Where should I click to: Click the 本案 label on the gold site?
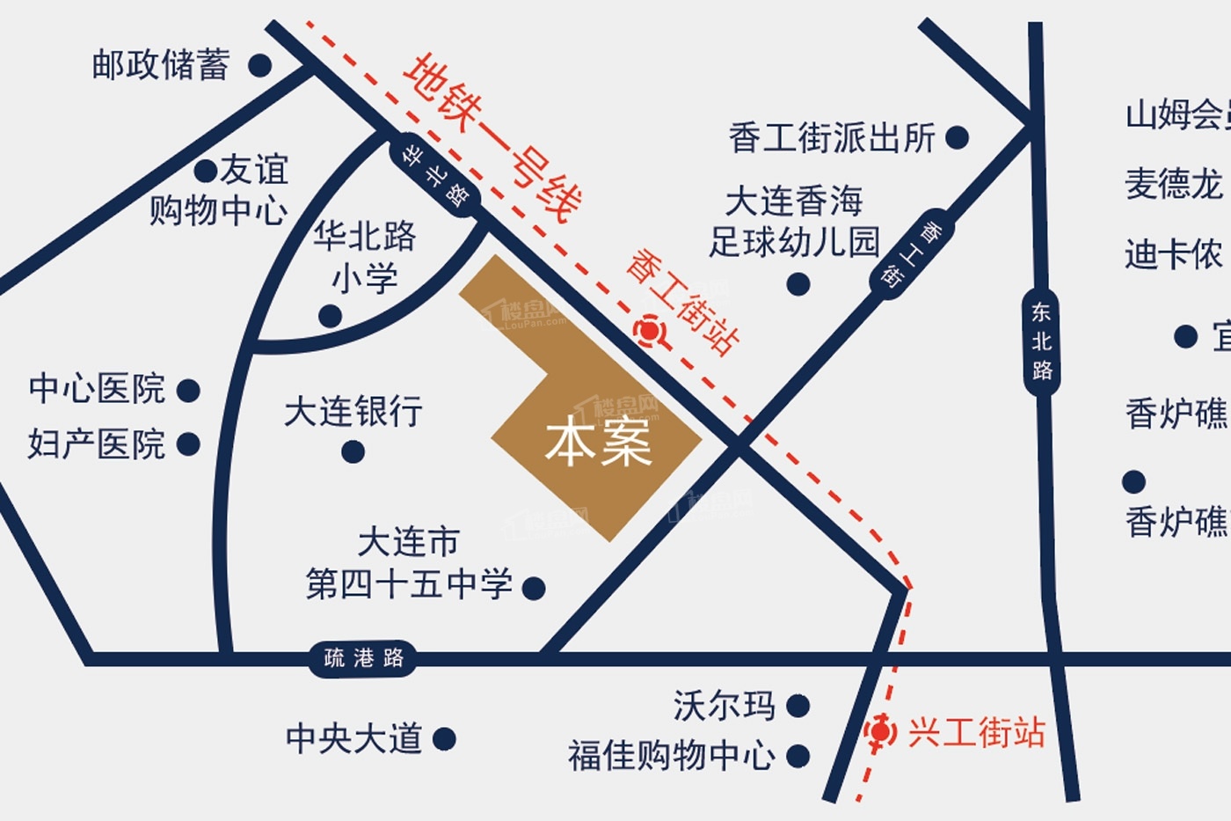(x=598, y=443)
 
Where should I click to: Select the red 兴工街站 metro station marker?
(x=879, y=731)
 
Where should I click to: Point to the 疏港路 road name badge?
(x=363, y=657)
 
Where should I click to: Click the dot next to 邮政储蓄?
(x=259, y=64)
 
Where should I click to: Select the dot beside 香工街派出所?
(x=957, y=137)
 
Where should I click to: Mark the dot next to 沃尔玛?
(x=798, y=705)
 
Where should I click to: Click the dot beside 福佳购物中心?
(x=798, y=755)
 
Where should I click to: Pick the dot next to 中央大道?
(x=444, y=738)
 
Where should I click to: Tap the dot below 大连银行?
(x=353, y=451)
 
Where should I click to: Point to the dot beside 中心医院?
(x=188, y=390)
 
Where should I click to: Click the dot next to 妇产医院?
(x=188, y=444)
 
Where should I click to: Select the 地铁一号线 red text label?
(x=492, y=136)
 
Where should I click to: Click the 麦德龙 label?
(x=1173, y=184)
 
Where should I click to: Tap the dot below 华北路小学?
(x=331, y=316)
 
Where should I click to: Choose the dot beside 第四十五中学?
(x=533, y=587)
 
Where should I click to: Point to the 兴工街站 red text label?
(x=976, y=731)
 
